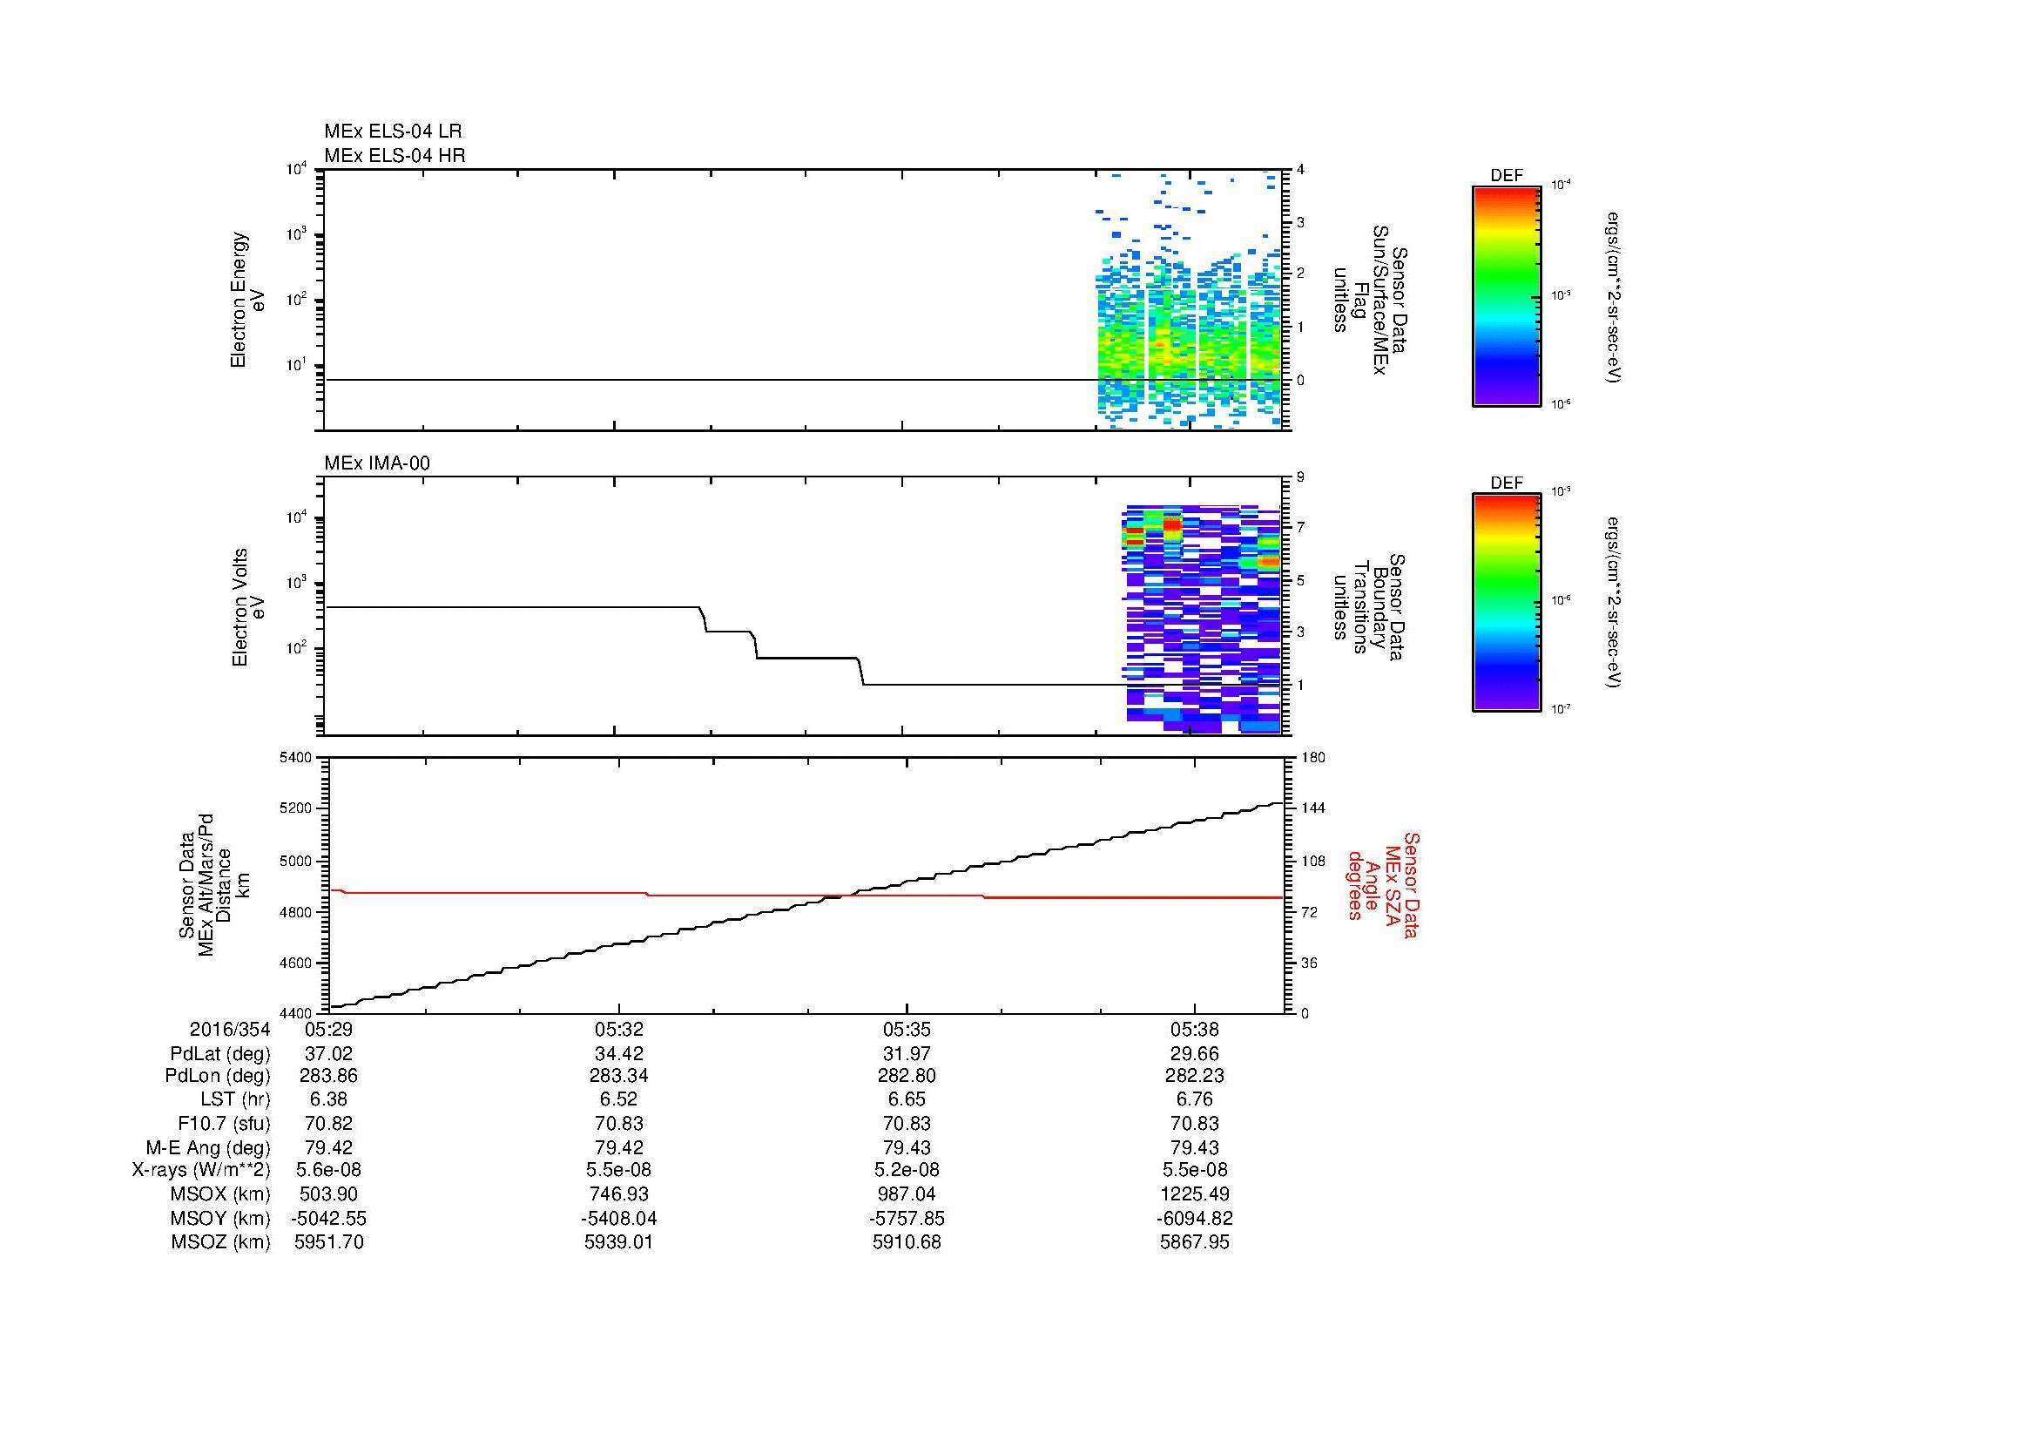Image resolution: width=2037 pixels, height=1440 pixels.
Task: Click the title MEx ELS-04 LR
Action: pyautogui.click(x=392, y=132)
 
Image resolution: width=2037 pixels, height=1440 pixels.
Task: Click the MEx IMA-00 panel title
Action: pyautogui.click(x=377, y=463)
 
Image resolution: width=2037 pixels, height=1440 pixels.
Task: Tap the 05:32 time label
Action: pyautogui.click(x=617, y=1030)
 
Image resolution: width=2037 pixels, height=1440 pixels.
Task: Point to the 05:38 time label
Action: pyautogui.click(x=1194, y=1030)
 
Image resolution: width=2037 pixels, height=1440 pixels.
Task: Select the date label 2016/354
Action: pyautogui.click(x=229, y=1030)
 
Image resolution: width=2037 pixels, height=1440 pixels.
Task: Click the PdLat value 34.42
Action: pyautogui.click(x=617, y=1054)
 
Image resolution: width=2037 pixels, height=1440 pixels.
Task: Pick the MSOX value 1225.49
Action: pyautogui.click(x=1194, y=1194)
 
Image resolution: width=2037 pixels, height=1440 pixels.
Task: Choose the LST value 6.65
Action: pyautogui.click(x=906, y=1099)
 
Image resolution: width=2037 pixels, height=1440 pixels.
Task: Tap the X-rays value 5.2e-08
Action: pyautogui.click(x=906, y=1170)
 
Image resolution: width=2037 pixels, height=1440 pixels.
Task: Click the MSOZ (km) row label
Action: pyautogui.click(x=220, y=1242)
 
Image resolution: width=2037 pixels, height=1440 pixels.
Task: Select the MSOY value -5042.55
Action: pyautogui.click(x=328, y=1218)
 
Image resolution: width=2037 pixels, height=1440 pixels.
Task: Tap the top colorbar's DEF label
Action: pyautogui.click(x=1507, y=176)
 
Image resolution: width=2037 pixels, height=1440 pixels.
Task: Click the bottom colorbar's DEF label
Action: pyautogui.click(x=1507, y=483)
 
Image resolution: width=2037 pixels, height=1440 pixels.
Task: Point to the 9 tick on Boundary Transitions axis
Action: pyautogui.click(x=1300, y=477)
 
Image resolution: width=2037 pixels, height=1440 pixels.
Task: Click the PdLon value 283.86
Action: pyautogui.click(x=328, y=1075)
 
